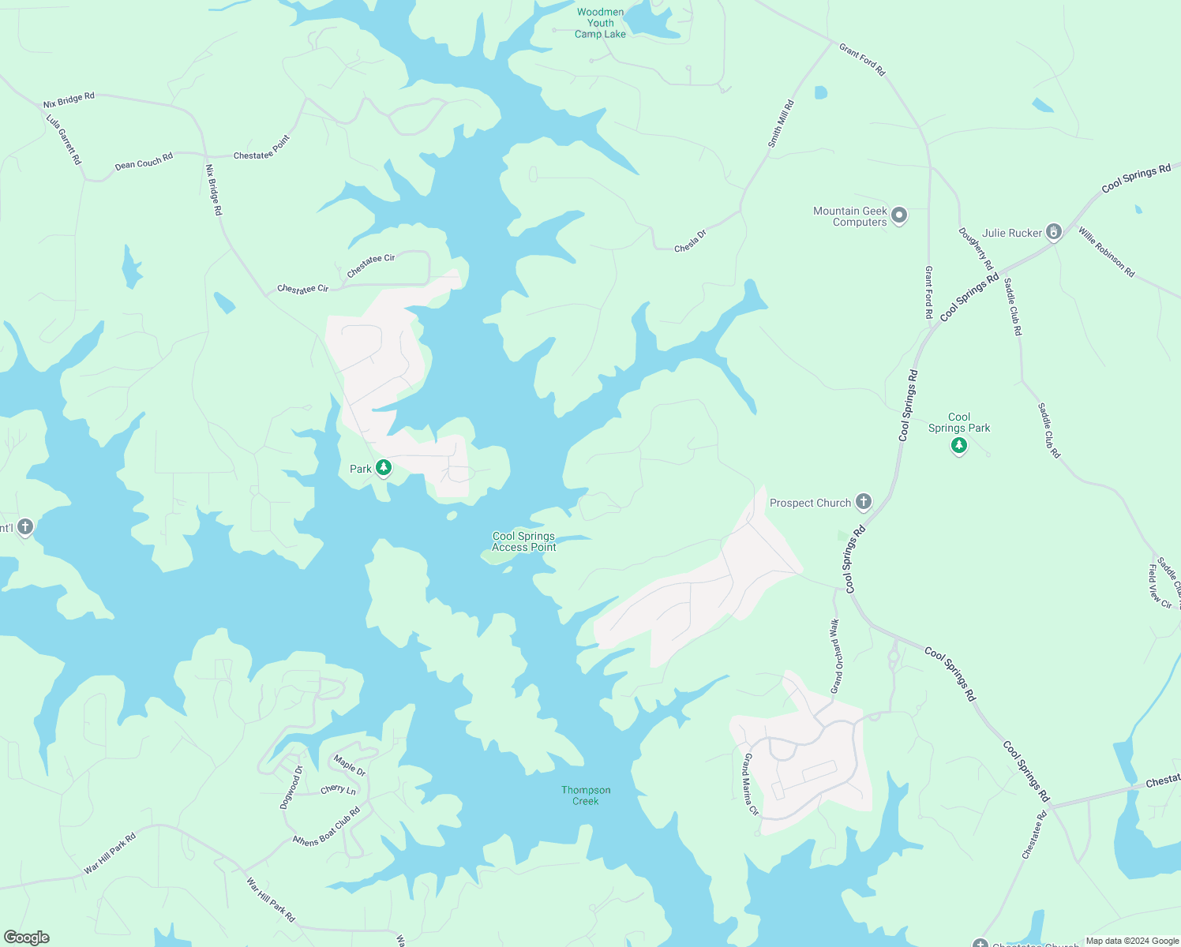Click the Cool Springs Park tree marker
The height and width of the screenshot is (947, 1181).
pos(959,446)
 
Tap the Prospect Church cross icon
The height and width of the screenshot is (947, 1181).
pos(864,501)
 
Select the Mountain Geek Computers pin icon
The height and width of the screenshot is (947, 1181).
pos(898,215)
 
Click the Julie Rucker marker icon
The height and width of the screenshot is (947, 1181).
pos(1053,231)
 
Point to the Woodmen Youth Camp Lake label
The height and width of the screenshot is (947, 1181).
pos(600,23)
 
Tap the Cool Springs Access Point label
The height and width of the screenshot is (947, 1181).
pos(523,541)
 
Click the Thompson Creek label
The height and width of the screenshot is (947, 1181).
pos(586,795)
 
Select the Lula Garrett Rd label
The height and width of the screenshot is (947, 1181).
pos(64,140)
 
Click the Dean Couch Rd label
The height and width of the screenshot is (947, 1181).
pos(144,162)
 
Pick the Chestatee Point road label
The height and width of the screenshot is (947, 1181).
pos(262,148)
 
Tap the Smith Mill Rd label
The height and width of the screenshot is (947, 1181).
pos(781,124)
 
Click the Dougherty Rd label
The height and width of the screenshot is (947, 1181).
pos(975,249)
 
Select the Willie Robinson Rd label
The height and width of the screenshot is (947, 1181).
pos(1106,252)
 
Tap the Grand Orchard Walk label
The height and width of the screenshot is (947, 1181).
pos(835,657)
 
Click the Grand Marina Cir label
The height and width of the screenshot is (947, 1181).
pos(751,784)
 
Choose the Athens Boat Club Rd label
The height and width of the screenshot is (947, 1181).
pos(327,827)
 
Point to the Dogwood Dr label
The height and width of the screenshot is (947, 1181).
pos(291,788)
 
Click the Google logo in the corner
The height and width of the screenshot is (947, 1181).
pos(27,938)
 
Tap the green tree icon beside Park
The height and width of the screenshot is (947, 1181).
pos(384,468)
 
